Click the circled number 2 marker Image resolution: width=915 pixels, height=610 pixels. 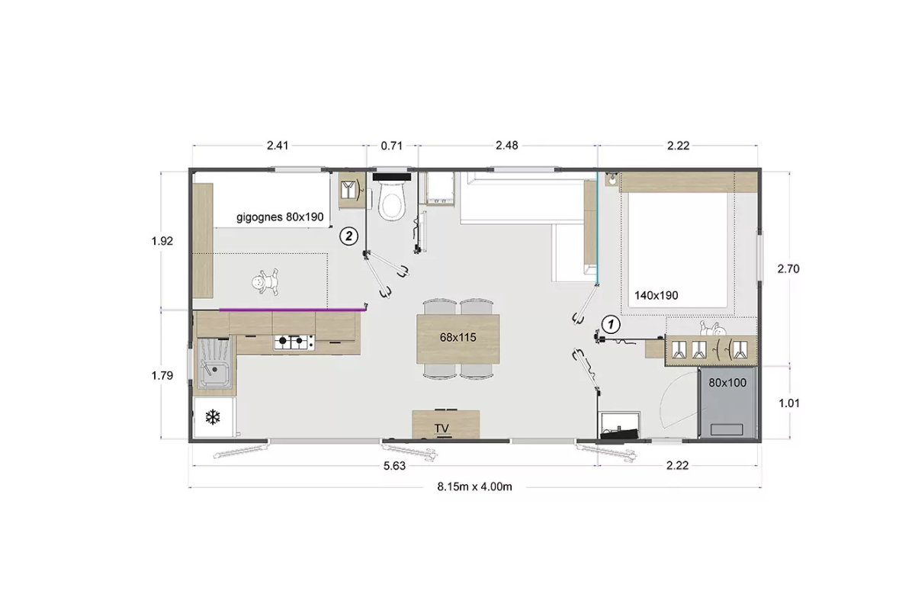coord(349,236)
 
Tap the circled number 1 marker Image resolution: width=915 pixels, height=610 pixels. coord(611,325)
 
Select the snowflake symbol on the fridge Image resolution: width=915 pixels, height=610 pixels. coord(213,417)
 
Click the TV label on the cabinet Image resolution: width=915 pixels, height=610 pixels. coord(441,429)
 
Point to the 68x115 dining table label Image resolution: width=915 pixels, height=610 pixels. coord(458,338)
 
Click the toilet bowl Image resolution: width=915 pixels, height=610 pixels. coord(392,201)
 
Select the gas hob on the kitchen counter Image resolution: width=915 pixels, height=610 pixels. coord(294,342)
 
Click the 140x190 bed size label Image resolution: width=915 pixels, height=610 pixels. coord(656,295)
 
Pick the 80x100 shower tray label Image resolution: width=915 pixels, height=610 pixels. coord(727,383)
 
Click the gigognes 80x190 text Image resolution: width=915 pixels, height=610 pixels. coord(280,217)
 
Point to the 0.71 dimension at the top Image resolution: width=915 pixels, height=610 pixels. coord(392,146)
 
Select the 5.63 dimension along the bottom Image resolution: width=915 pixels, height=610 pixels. coord(395,466)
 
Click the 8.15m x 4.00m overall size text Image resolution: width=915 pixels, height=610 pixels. coord(474,486)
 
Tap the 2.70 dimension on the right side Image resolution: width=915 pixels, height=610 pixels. coord(788,269)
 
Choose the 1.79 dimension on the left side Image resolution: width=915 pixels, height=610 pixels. coord(162,375)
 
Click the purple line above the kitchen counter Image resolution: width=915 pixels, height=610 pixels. coord(293,310)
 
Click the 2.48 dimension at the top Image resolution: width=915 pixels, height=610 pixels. coord(507,146)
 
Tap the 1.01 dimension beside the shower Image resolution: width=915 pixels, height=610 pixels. coord(788,403)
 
